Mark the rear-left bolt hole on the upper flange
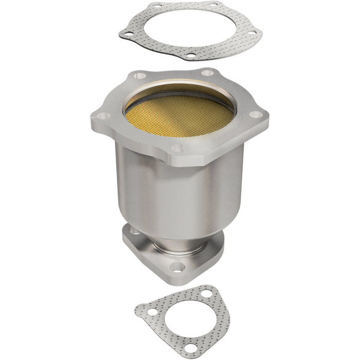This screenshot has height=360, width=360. (137, 76)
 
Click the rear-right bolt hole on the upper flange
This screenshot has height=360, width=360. (208, 73)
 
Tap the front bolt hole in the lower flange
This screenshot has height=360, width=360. (177, 267)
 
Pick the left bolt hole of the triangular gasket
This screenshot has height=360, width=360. (146, 310)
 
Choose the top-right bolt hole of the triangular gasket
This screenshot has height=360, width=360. (206, 293)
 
